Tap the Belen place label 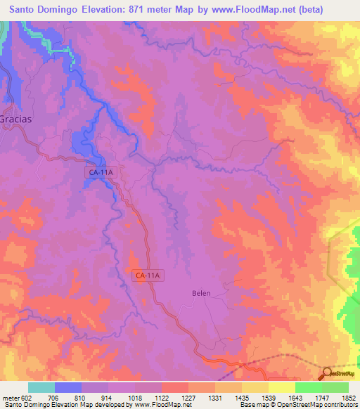click(201, 293)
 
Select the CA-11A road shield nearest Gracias click(102, 171)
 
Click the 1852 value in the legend click(349, 397)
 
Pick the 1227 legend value click(188, 397)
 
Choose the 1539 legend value click(269, 397)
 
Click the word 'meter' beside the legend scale click(10, 397)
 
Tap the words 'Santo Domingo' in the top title click(41, 8)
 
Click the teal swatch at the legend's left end click(41, 387)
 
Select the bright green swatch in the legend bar click(309, 387)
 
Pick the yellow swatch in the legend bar click(282, 387)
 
